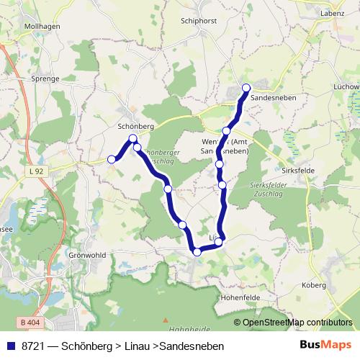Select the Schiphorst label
click(199, 20)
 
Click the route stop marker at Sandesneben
click(246, 88)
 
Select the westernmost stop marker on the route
click(112, 159)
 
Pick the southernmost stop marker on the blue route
click(197, 251)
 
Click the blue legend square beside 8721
click(10, 346)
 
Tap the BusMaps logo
click(326, 346)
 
